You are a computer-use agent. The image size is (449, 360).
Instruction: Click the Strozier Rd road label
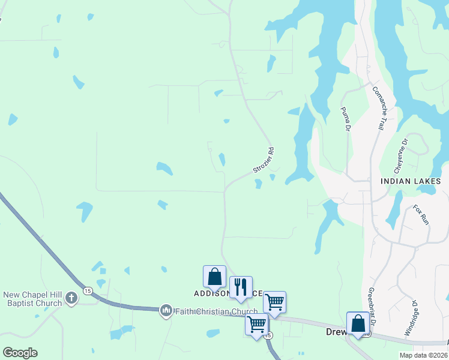click(264, 160)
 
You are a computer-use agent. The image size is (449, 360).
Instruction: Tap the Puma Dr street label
click(346, 118)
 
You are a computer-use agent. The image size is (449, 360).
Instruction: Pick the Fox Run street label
click(421, 215)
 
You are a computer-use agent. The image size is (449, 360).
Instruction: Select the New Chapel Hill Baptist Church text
click(32, 299)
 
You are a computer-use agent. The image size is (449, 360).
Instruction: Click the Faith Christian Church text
click(215, 311)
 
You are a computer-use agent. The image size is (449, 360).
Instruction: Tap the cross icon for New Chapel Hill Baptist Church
click(71, 298)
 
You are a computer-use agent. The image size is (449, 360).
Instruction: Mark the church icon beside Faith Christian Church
click(166, 310)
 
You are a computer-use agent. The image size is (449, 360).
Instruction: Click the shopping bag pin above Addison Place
click(214, 277)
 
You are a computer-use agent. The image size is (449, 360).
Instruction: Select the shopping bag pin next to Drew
click(358, 323)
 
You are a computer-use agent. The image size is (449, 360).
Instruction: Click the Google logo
click(20, 353)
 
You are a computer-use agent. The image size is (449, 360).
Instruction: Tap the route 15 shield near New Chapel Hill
click(88, 291)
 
